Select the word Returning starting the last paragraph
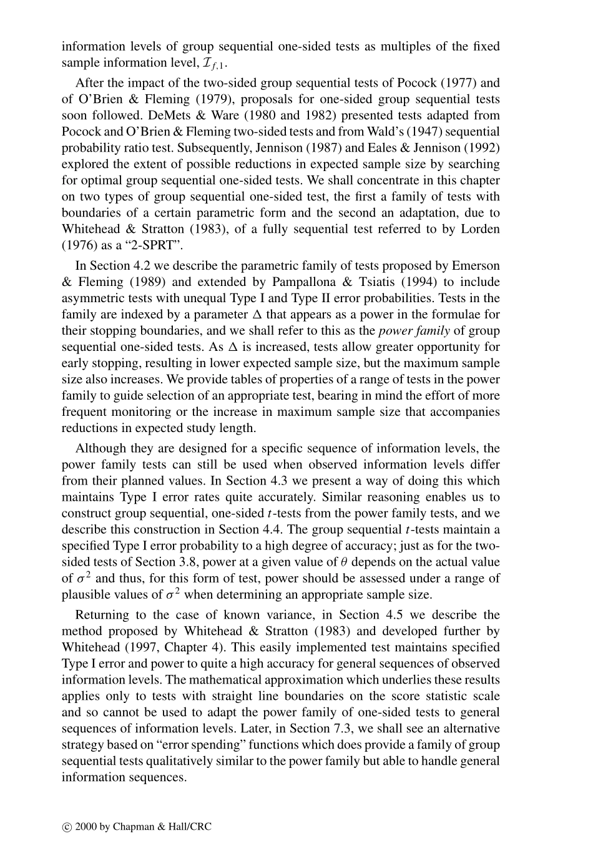pos(102,615)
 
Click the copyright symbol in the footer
pos(67,827)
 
